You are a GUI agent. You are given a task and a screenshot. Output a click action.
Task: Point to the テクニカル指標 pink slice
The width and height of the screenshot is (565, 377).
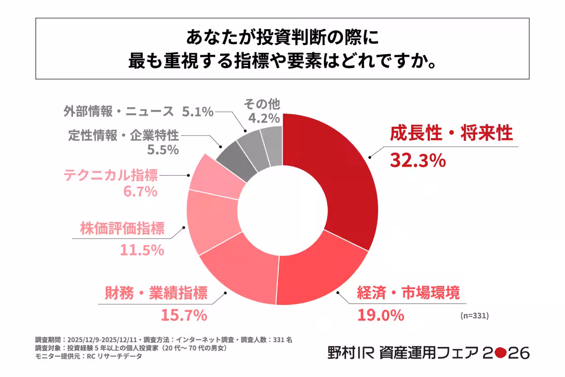pos(214,177)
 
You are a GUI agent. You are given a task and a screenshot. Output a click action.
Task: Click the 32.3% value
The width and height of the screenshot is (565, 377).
pos(418,161)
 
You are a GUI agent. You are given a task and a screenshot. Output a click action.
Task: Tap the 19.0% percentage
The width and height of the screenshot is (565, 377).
pos(380,314)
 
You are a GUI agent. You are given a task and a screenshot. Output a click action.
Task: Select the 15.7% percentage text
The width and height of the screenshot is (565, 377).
pos(184,314)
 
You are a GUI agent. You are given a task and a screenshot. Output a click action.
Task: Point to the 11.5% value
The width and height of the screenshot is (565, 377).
pos(141,250)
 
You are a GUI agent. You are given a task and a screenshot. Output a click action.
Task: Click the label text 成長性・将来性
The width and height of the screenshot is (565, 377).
pos(451,134)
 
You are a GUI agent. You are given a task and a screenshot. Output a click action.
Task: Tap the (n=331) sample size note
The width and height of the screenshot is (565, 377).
pos(474,316)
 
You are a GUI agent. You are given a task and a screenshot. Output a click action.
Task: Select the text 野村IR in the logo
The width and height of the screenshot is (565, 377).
pos(347,352)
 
